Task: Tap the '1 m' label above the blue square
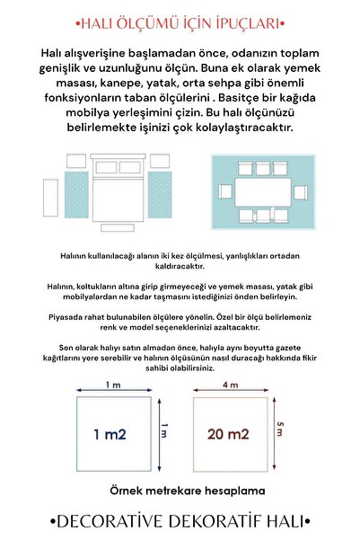113,385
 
